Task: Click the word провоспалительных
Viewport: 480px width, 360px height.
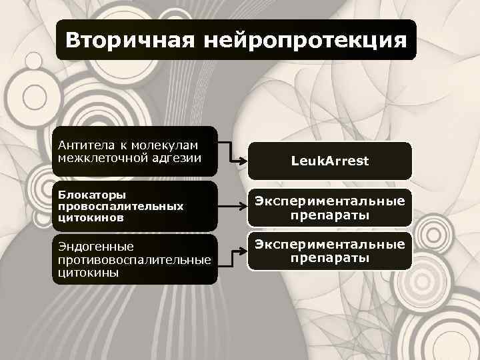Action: pos(120,206)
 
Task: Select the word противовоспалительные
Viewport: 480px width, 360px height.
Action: pos(134,259)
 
